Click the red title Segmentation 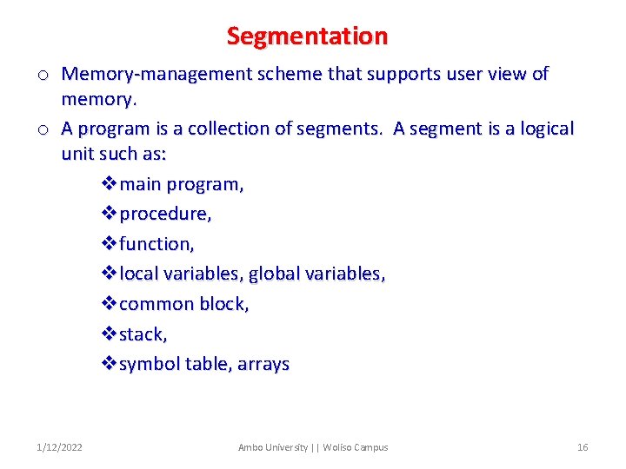[307, 36]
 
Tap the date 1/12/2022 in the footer [60, 447]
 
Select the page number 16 [583, 447]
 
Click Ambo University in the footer [272, 447]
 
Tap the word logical [543, 129]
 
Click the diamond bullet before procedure [109, 214]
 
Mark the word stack [142, 334]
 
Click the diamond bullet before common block [109, 304]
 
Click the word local [139, 274]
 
